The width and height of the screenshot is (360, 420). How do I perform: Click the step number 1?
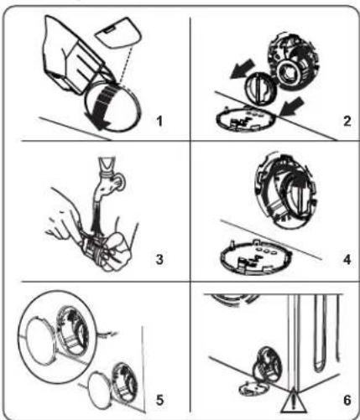pos(159,122)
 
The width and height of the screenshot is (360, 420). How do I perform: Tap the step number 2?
pos(347,122)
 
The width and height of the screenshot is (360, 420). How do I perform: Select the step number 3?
pos(159,259)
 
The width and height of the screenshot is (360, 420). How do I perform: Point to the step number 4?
pos(347,260)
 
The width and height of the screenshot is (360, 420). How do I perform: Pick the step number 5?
pos(159,400)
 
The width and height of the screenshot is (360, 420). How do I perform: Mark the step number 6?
pos(347,400)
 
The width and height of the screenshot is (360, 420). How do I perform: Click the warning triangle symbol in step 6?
pos(292,402)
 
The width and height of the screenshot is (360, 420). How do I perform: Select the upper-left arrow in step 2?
pos(242,69)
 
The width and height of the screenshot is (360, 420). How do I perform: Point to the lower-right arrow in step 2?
pos(293,106)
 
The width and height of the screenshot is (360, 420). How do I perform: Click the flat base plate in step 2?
pos(246,120)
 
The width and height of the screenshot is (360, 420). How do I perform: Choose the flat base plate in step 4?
pos(257,257)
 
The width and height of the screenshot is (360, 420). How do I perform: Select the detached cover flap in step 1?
pos(119,33)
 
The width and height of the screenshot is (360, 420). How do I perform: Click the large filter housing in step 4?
pos(285,190)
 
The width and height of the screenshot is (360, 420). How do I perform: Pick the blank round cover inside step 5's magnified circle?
pos(40,342)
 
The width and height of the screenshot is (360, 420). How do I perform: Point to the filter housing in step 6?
pos(268,365)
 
